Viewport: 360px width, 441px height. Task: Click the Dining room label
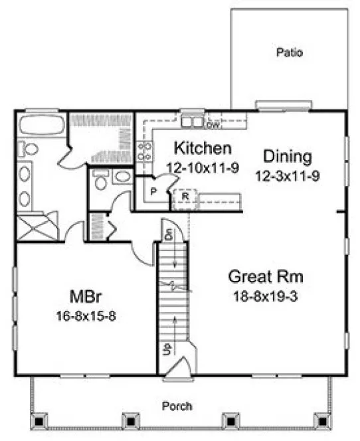click(287, 157)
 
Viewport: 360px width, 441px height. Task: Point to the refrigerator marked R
click(185, 197)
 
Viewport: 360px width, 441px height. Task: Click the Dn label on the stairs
click(169, 235)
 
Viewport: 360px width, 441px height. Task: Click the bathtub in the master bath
click(41, 124)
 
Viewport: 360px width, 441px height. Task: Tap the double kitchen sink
click(193, 122)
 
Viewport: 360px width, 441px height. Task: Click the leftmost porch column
click(40, 420)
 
